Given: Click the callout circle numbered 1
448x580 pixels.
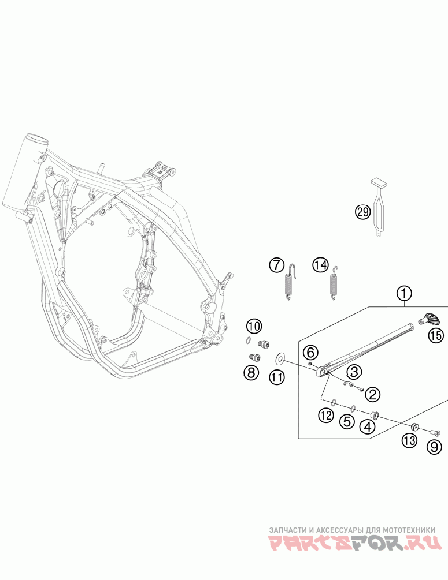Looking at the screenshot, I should tap(403, 294).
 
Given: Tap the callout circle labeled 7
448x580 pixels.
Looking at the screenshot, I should tap(277, 265).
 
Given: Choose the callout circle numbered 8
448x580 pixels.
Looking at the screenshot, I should tap(251, 373).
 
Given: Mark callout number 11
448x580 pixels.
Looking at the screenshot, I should tap(277, 377).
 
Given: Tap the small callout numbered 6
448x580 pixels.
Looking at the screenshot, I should tap(310, 351).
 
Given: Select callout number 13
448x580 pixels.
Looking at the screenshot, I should tap(410, 441).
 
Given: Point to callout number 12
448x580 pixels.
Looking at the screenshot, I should tap(326, 414).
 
